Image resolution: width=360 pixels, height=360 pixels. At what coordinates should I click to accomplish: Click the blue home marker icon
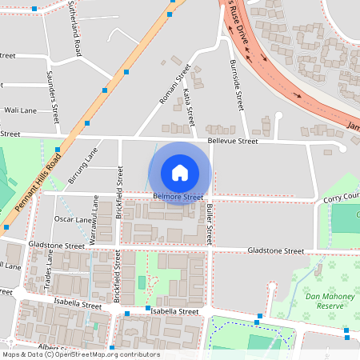click(x=179, y=172)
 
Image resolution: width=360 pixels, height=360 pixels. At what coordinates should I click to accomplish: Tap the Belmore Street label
click(x=178, y=196)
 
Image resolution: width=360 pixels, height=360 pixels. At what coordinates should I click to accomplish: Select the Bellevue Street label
click(x=232, y=141)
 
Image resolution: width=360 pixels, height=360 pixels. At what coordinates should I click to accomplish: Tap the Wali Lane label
click(x=21, y=110)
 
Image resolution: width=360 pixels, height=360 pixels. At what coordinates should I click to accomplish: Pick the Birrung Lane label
click(x=82, y=169)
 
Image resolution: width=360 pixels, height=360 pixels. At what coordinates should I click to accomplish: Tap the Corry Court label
click(x=342, y=197)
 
